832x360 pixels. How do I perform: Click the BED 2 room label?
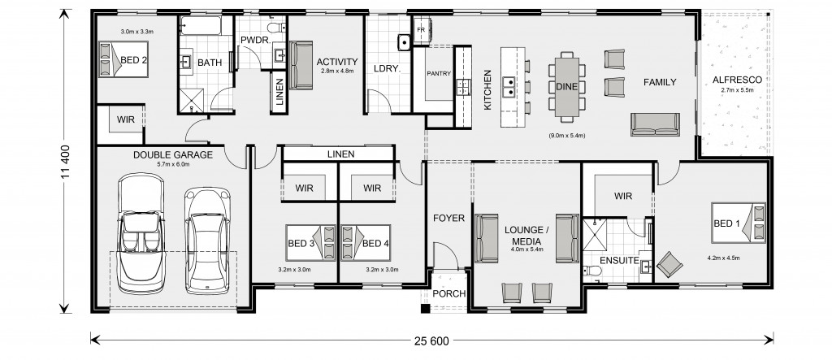[x=134, y=60]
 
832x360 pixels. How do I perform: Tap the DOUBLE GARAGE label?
[x=173, y=155]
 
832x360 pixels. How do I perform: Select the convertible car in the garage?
[x=141, y=233]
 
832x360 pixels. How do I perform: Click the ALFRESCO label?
[x=737, y=80]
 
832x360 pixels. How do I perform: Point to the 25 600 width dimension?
[x=431, y=340]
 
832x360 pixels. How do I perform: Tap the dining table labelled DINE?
[x=566, y=87]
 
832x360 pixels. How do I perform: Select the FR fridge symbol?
[x=422, y=30]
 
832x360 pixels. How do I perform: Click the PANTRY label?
[x=439, y=73]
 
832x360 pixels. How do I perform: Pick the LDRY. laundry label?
[x=386, y=68]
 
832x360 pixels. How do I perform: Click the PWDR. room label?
[x=256, y=41]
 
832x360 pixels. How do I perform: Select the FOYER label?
[x=448, y=219]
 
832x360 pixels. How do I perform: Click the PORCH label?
[x=448, y=293]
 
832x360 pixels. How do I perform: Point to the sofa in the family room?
[x=655, y=124]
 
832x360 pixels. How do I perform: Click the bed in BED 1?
[x=739, y=223]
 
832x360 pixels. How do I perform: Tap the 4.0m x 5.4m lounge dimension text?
[x=526, y=249]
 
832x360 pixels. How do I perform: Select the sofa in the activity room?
[x=301, y=65]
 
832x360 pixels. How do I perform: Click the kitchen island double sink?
[x=509, y=88]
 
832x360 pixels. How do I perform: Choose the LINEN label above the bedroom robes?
[x=340, y=154]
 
